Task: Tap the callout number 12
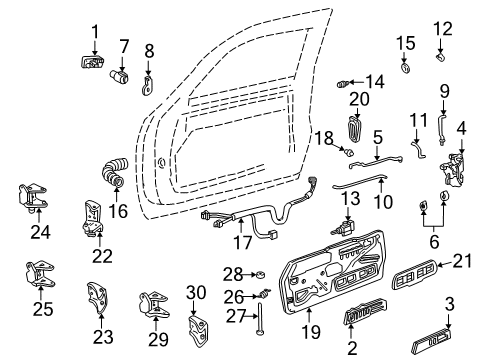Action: click(442, 28)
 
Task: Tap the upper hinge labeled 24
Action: click(35, 198)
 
